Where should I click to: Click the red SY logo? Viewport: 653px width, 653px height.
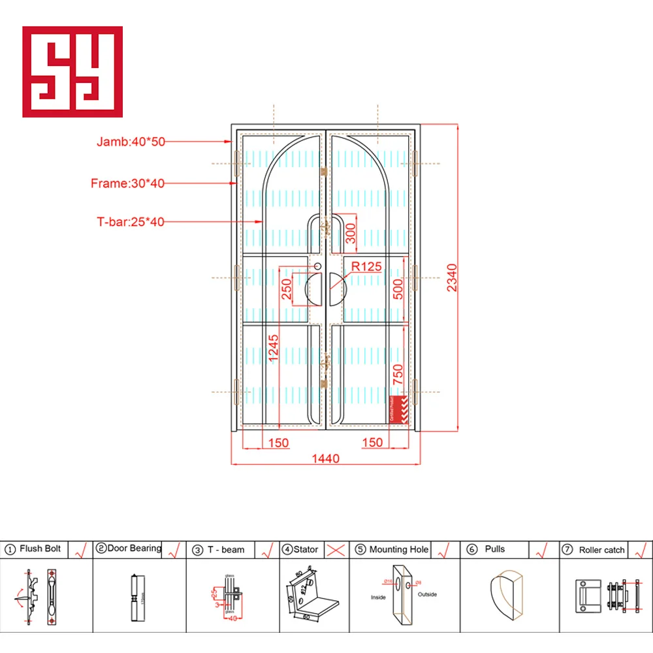72,72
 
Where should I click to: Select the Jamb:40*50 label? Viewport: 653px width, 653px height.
131,141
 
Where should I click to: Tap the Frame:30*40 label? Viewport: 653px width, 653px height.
127,183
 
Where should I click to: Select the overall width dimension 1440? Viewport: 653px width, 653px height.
325,458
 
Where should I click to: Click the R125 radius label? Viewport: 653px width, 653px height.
366,266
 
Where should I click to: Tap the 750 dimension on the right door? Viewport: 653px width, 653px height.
398,377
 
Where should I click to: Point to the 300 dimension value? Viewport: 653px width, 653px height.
351,233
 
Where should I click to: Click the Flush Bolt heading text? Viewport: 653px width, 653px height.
40,549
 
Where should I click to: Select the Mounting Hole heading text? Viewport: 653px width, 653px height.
399,549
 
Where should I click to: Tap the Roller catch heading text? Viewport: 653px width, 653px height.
601,550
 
